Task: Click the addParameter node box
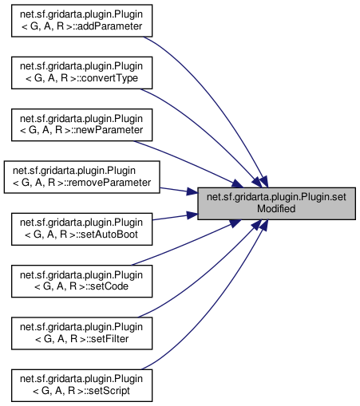coord(81,21)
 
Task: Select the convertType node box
coord(81,73)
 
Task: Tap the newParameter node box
coord(81,124)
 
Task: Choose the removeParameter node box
coord(81,177)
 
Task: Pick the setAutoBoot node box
coord(81,229)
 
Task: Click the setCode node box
coord(81,281)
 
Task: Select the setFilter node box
coord(81,333)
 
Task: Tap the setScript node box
coord(81,385)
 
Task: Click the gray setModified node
coord(276,203)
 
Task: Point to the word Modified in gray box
coord(276,209)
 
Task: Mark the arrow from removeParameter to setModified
coord(179,191)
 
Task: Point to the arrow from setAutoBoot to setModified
coord(175,217)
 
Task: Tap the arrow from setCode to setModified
coord(186,242)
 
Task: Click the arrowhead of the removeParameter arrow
coord(192,191)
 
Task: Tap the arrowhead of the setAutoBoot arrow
coord(192,215)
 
